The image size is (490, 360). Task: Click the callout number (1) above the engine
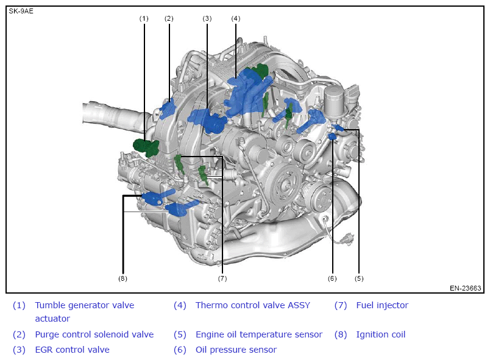click(144, 19)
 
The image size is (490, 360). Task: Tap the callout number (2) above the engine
click(169, 19)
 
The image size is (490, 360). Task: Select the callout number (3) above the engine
click(207, 19)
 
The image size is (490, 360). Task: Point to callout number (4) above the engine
click(236, 19)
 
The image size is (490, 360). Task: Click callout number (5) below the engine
click(359, 278)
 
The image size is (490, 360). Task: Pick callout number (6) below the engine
click(332, 278)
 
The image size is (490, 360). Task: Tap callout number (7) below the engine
click(222, 278)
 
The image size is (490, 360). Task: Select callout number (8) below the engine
click(122, 278)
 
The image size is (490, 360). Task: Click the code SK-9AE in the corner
click(21, 11)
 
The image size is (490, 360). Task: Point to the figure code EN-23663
click(465, 288)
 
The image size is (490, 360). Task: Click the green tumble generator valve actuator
click(146, 147)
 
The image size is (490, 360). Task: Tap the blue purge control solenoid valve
click(168, 108)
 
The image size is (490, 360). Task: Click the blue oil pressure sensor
click(332, 136)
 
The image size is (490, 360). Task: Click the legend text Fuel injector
click(382, 305)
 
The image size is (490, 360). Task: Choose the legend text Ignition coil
click(381, 334)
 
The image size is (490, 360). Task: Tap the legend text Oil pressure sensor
click(236, 350)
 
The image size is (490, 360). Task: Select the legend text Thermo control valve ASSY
click(253, 305)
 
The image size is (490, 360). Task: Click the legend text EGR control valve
click(72, 350)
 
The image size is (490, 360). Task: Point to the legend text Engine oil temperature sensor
click(259, 334)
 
